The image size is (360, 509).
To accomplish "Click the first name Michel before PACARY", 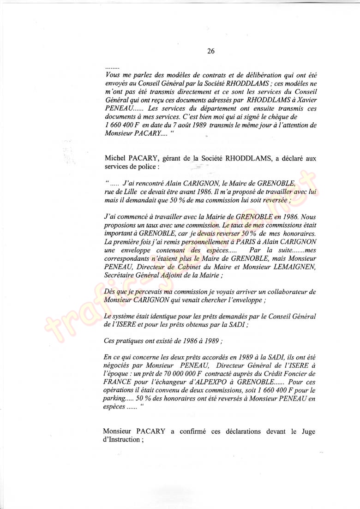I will [116, 158].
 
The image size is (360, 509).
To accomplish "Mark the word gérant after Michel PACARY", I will [180, 158].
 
